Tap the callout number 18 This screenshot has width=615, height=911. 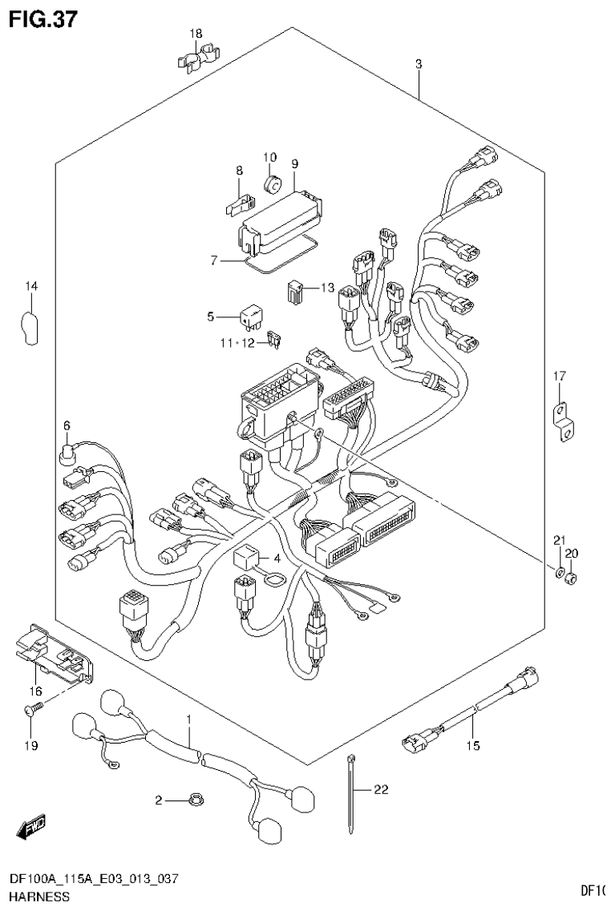point(196,34)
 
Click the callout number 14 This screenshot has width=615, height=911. point(30,286)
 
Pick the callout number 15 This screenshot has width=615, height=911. point(472,746)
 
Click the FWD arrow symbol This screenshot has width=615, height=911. point(34,824)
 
